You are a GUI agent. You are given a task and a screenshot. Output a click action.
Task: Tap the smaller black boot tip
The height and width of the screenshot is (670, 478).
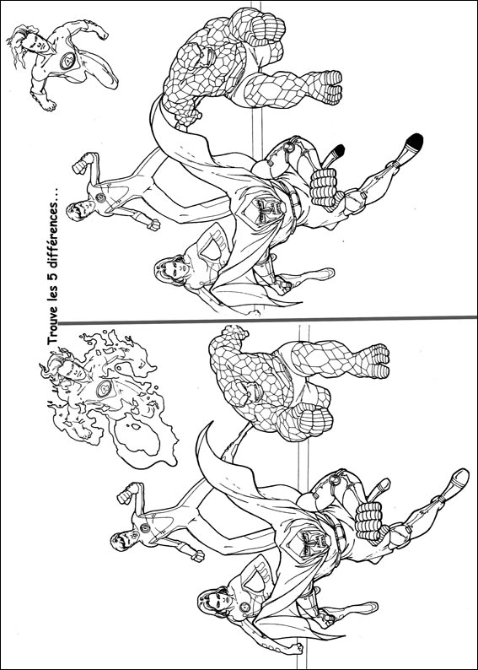(x=338, y=150)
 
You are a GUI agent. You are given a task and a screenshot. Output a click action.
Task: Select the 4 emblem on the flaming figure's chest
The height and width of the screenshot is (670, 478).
(x=104, y=388)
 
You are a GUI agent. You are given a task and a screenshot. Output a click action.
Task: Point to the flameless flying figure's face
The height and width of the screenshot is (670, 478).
(x=36, y=44)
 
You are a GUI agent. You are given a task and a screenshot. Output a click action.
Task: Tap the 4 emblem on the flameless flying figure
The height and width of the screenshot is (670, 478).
(x=68, y=61)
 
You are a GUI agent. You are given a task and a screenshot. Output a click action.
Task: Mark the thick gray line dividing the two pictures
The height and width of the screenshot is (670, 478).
(x=266, y=320)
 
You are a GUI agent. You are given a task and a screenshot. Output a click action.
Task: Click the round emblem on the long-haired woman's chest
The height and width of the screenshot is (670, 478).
(x=244, y=608)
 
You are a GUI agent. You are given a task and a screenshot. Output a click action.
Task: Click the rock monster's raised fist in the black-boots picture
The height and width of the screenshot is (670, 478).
(x=267, y=27)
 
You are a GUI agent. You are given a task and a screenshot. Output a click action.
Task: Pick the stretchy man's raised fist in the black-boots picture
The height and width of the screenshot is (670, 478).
(x=83, y=163)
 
